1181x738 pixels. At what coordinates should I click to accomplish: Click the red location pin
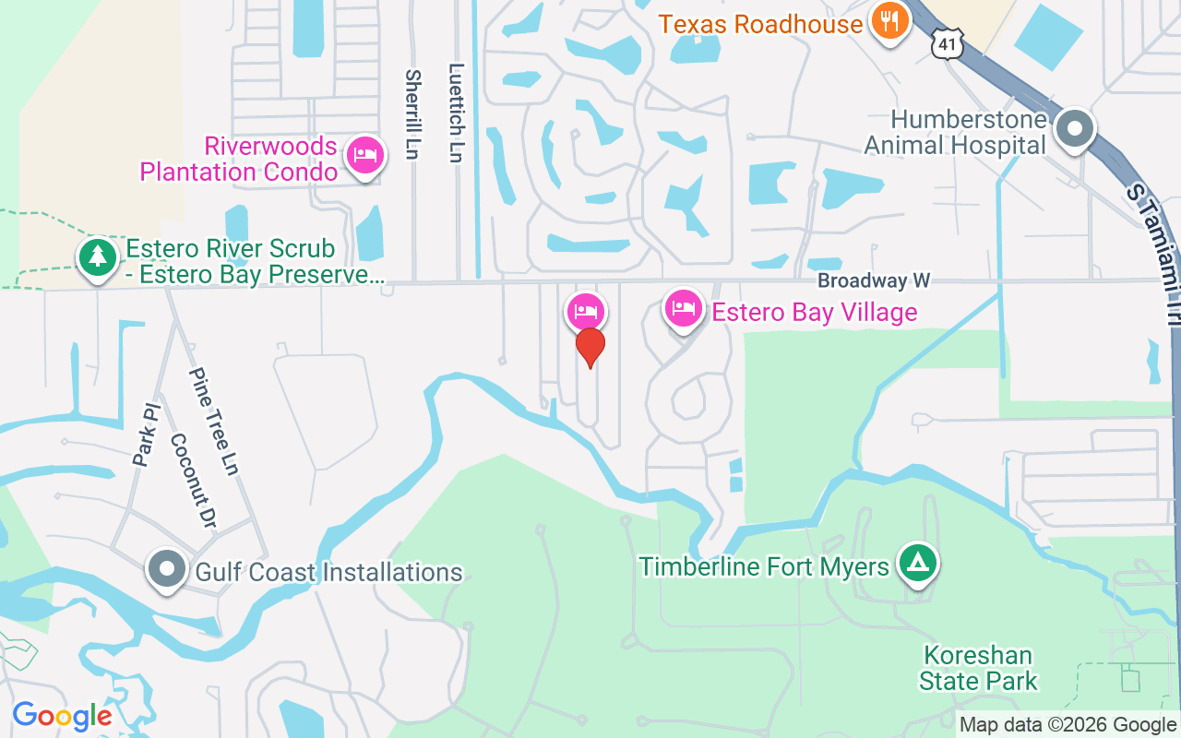[x=590, y=348]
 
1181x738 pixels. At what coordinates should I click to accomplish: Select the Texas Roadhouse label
[x=760, y=24]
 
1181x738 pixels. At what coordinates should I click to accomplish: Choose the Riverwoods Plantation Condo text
[x=238, y=159]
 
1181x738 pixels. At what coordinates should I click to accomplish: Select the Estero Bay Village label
[x=815, y=312]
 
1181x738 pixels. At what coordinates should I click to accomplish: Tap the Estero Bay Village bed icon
[x=683, y=308]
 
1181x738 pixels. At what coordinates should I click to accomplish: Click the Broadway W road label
[x=874, y=280]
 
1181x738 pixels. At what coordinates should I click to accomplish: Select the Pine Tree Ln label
[x=214, y=422]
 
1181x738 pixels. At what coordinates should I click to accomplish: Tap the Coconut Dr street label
[x=193, y=481]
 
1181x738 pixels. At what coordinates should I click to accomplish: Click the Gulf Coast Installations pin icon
[x=167, y=569]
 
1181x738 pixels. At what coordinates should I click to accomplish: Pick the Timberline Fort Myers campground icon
[x=917, y=562]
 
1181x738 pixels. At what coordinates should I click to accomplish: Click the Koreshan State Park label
[x=978, y=669]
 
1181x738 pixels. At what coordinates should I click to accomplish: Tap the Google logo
[x=62, y=716]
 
